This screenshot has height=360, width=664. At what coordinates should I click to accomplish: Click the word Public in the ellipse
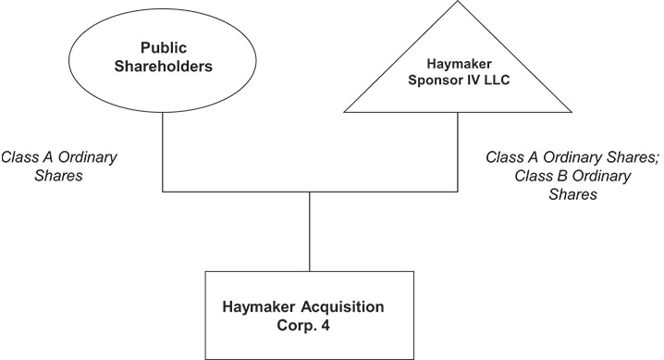[x=163, y=47]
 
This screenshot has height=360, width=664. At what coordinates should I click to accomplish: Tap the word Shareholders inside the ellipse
[x=163, y=66]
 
